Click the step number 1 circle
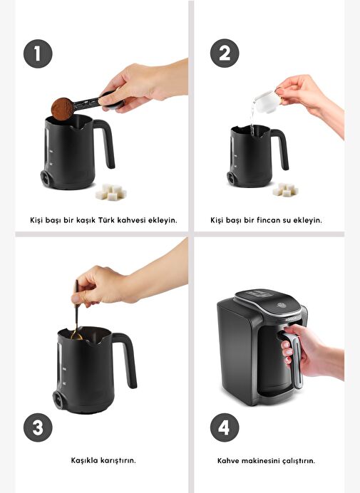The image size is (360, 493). (x=38, y=53)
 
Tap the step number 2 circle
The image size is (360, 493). (x=225, y=53)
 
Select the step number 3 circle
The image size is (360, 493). (x=38, y=427)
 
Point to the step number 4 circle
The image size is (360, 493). (x=225, y=427)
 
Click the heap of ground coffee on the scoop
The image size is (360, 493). (x=62, y=109)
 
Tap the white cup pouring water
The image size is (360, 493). (x=267, y=101)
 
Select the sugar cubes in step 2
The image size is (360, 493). (x=285, y=190)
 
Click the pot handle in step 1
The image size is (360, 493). (x=105, y=142)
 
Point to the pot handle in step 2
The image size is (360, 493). (x=280, y=147)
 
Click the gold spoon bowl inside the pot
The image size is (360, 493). (x=76, y=336)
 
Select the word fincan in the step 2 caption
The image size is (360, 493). (x=268, y=219)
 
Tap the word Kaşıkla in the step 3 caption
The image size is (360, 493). (x=84, y=460)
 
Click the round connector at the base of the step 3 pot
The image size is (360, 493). (x=58, y=400)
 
